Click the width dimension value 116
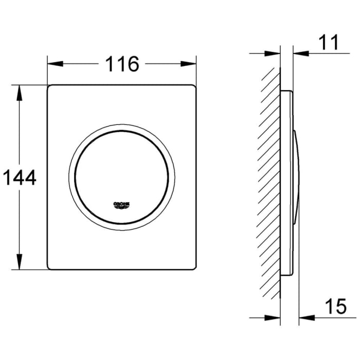[x=122, y=64]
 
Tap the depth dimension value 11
[x=328, y=43]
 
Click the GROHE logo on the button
[x=122, y=204]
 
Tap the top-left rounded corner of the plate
[x=50, y=87]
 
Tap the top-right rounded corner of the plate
[x=194, y=87]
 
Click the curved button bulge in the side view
[x=296, y=177]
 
